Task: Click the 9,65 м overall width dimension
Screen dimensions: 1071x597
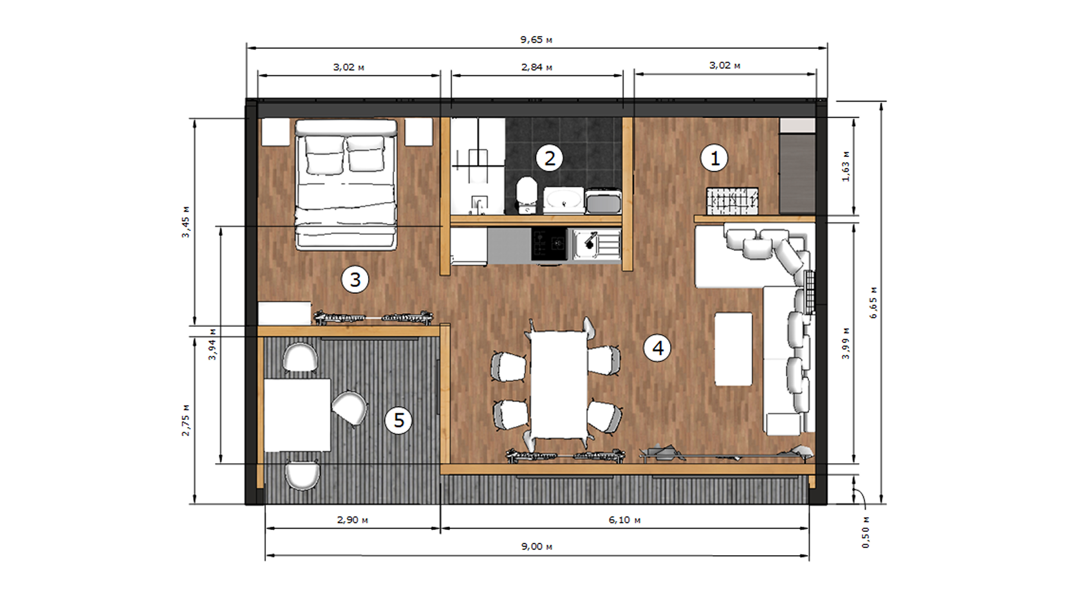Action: (536, 40)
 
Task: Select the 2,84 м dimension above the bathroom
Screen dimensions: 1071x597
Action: (536, 68)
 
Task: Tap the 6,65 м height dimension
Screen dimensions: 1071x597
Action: (873, 302)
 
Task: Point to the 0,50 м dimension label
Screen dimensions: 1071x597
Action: (866, 532)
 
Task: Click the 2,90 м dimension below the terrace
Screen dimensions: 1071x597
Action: (352, 520)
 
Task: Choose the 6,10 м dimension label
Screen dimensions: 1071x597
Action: (624, 520)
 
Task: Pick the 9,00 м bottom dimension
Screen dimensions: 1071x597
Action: (536, 546)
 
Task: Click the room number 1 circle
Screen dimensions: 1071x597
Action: (714, 158)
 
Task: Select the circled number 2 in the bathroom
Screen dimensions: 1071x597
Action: (550, 158)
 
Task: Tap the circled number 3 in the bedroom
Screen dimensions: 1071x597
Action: (355, 280)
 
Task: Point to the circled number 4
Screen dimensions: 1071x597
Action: (657, 348)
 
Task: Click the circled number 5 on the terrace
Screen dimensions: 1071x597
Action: (398, 420)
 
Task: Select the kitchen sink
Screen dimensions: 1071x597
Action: (597, 244)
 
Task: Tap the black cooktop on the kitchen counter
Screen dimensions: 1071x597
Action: (549, 244)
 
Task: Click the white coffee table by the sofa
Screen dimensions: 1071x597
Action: (734, 349)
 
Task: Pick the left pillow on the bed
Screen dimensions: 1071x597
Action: (324, 155)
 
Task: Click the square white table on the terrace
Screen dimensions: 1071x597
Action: (297, 415)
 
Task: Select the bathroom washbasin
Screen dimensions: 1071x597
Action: (563, 199)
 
